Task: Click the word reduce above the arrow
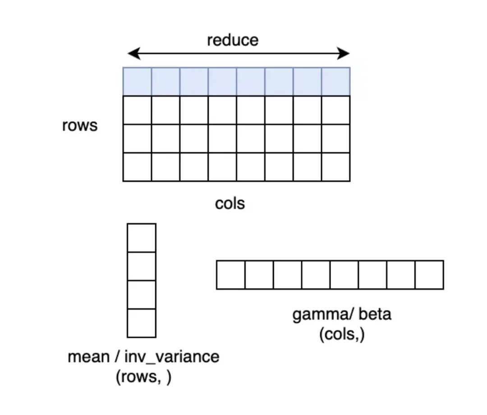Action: click(x=233, y=40)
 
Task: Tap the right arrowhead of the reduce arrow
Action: click(x=345, y=54)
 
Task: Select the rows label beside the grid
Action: click(x=80, y=125)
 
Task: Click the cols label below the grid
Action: click(x=230, y=204)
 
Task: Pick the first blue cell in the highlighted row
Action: click(x=137, y=82)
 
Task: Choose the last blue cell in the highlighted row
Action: click(x=336, y=82)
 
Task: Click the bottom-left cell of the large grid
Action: click(x=137, y=167)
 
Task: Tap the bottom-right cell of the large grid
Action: click(x=336, y=167)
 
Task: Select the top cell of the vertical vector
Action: click(x=142, y=238)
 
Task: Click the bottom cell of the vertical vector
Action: click(x=142, y=323)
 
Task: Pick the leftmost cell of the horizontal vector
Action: click(x=230, y=275)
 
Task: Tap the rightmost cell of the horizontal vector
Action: click(x=429, y=275)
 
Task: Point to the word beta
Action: click(x=375, y=314)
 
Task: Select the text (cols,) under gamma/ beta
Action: click(x=342, y=335)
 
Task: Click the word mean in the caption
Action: click(x=88, y=357)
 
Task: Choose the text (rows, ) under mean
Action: click(x=143, y=377)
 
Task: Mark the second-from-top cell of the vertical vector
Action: click(x=142, y=266)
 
